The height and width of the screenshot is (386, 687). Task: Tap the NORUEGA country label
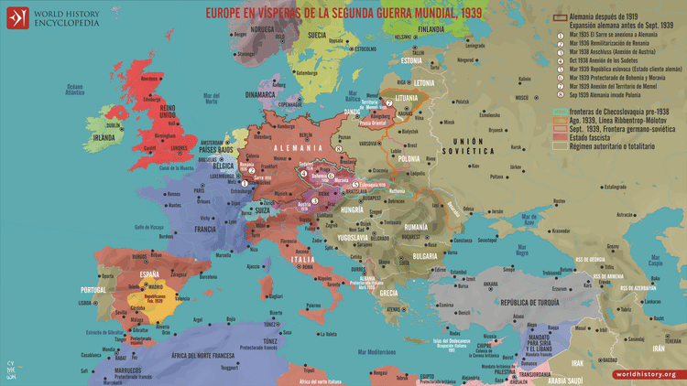pyautogui.click(x=263, y=27)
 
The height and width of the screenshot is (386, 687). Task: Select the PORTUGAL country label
pyautogui.click(x=95, y=290)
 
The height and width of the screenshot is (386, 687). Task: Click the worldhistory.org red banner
pyautogui.click(x=646, y=373)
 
